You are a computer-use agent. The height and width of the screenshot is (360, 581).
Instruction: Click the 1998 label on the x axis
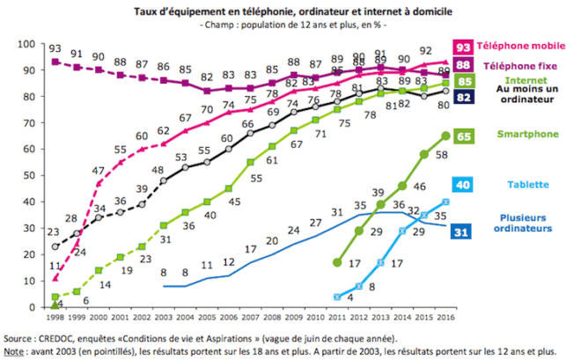[x=55, y=314]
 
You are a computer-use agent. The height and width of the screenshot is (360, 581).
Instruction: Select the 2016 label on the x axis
[x=445, y=314]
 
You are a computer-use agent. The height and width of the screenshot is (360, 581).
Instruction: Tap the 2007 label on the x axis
[x=250, y=314]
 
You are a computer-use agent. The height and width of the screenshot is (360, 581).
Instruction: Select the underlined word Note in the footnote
[x=16, y=349]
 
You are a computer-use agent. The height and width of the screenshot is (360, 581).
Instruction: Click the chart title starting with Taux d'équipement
[x=287, y=11]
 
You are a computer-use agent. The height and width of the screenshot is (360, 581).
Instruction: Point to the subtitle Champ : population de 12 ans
[x=287, y=25]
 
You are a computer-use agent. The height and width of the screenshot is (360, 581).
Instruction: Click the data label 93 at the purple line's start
[x=55, y=49]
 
